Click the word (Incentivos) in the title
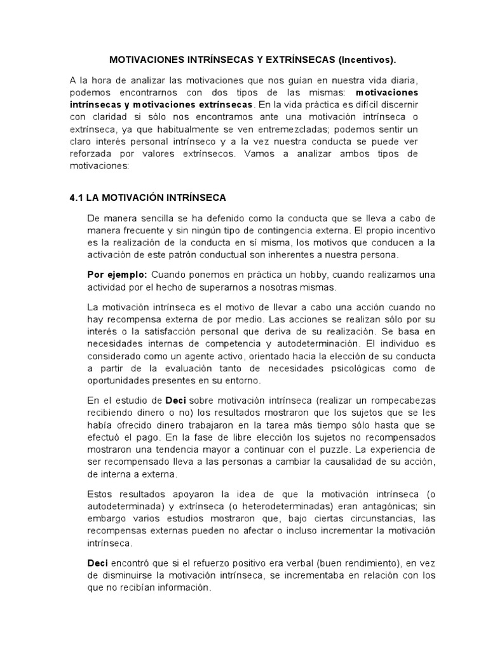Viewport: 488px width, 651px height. pos(367,60)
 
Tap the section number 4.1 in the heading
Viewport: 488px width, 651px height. pos(77,198)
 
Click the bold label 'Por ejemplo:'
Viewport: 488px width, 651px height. pos(116,274)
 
